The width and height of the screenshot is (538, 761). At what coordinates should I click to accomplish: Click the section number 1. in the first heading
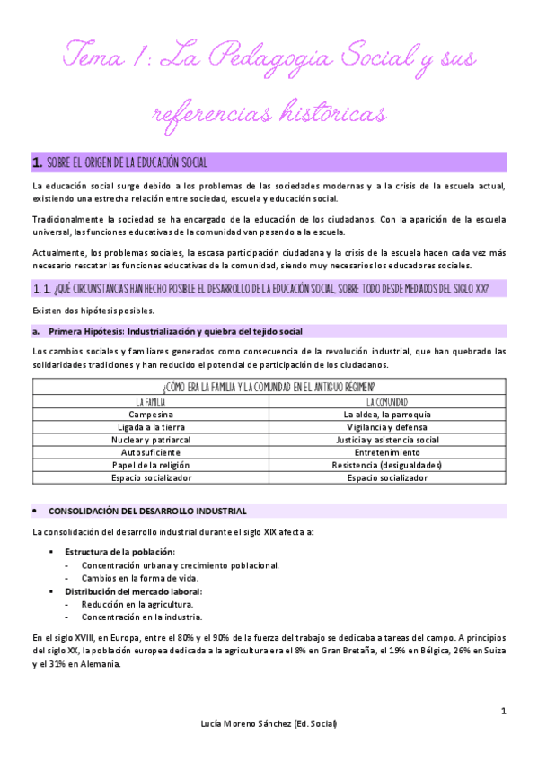37,162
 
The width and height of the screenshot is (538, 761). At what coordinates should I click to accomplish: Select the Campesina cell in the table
157,415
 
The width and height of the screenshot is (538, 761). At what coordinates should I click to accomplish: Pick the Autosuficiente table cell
157,452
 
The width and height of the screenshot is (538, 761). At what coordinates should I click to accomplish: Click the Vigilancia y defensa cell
387,427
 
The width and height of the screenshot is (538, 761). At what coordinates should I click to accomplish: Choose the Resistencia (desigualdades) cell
387,465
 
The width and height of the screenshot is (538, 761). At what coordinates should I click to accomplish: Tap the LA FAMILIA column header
157,401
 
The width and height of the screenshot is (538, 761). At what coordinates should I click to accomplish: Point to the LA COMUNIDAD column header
387,401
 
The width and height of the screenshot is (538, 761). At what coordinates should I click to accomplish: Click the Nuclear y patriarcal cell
157,440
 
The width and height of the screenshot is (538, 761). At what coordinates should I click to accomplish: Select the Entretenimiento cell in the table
387,452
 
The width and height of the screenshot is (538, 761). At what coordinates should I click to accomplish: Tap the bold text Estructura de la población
119,551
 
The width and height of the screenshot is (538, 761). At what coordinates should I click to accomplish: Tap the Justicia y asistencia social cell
387,440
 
